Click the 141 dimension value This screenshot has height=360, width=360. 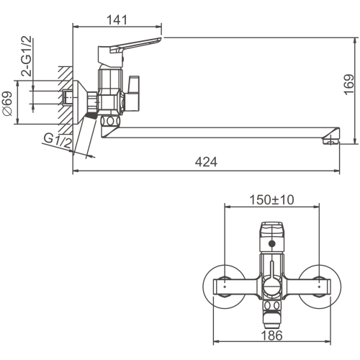pos(117,20)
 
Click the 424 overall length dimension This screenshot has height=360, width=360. pos(206,162)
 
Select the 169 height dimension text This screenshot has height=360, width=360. pos(349,85)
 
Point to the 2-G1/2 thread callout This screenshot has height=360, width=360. pos(27,56)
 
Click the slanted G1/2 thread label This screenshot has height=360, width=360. pos(58,141)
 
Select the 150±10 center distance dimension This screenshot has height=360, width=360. pos(271,199)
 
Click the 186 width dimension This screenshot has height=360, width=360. pos(271,336)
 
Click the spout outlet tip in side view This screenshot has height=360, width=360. pos(331,142)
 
